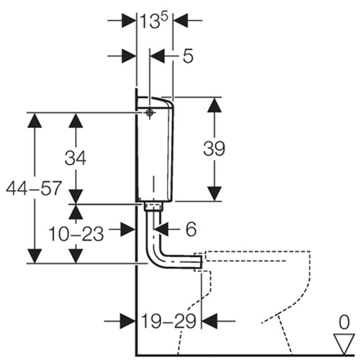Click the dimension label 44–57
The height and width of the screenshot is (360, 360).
click(x=34, y=188)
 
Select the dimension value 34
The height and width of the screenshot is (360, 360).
click(x=76, y=158)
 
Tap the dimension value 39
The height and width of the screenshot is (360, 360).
click(x=214, y=148)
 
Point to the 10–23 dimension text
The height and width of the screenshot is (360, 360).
click(x=76, y=234)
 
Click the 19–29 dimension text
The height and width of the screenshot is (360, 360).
click(x=168, y=321)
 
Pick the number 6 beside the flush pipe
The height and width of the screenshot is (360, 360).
click(x=191, y=229)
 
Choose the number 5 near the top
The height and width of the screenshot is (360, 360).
click(x=188, y=56)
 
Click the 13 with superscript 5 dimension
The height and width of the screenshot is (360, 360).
click(x=154, y=21)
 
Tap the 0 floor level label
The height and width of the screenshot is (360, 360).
click(x=344, y=323)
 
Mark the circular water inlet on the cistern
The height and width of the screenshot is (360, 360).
click(x=150, y=112)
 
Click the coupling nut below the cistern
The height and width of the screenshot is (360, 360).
click(x=153, y=207)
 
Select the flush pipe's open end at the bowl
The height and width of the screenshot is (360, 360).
click(x=201, y=262)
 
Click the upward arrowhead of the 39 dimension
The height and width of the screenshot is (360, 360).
click(x=215, y=105)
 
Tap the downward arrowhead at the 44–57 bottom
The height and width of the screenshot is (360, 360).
click(x=35, y=256)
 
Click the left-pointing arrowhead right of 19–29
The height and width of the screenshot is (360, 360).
click(x=210, y=321)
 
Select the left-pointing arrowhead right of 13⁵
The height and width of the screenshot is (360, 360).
click(x=181, y=21)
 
